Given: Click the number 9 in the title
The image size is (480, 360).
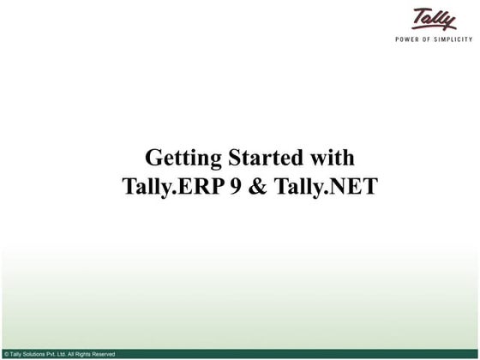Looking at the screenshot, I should coord(236,186).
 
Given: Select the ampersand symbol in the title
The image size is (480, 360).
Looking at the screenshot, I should coord(259,186).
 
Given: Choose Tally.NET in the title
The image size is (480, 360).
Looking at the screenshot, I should coord(325,186).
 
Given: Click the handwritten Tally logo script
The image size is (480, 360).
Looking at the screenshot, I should coord(435,20).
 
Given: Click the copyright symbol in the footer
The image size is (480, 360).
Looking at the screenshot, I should coord(6,354).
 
